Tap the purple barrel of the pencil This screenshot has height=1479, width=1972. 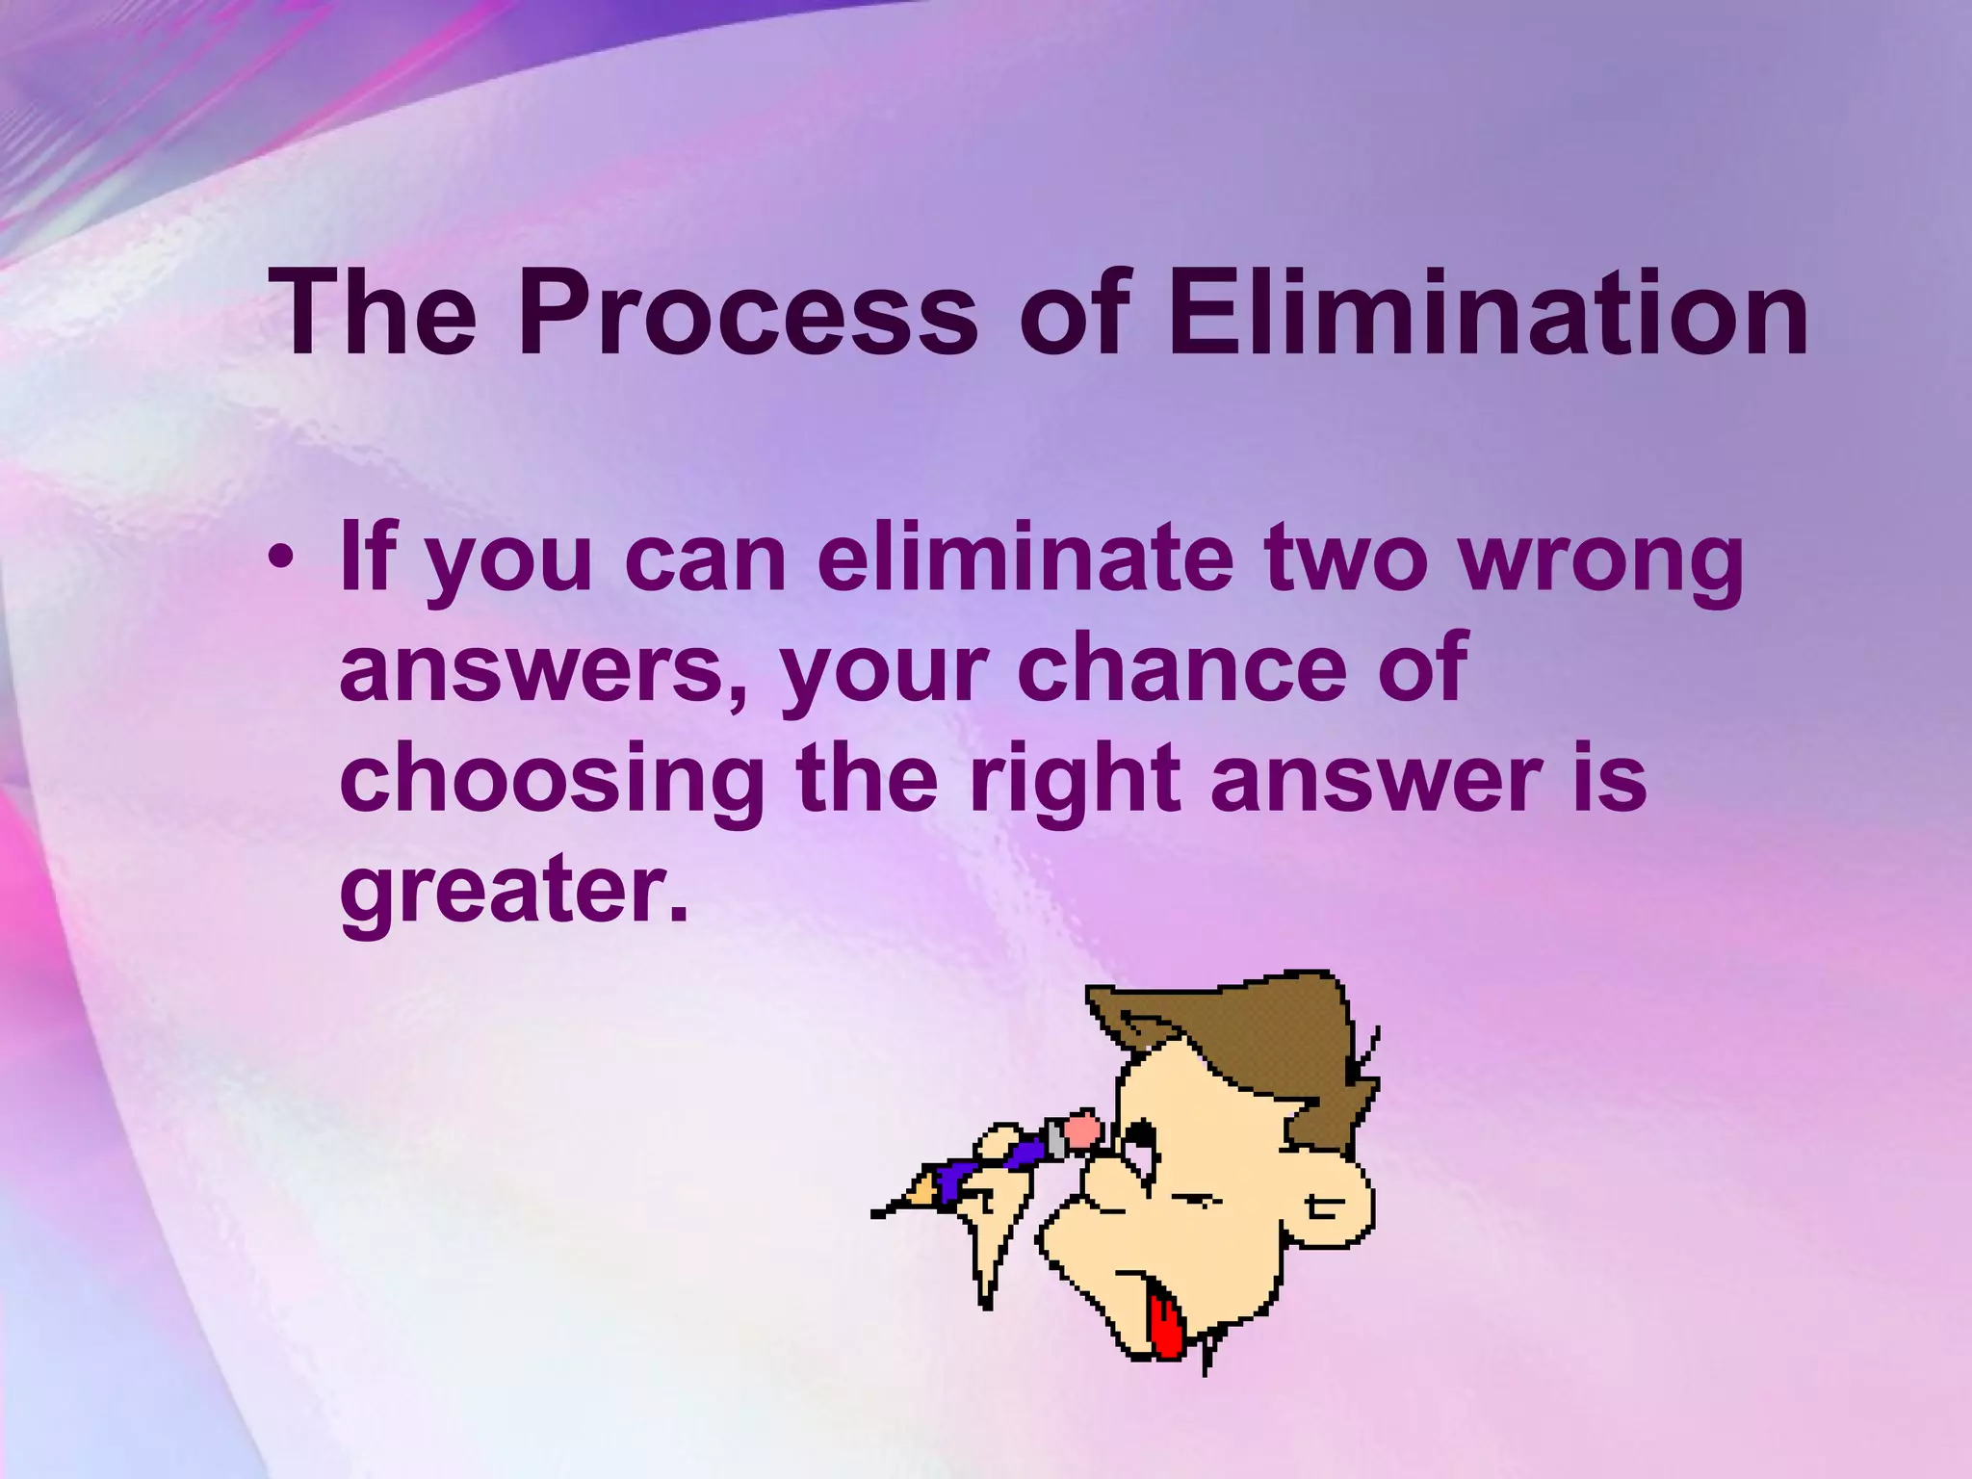992,1163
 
